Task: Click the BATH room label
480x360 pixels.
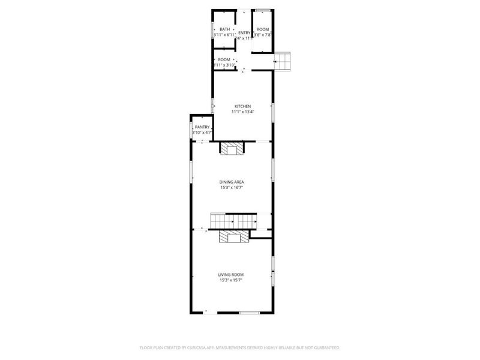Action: pos(224,29)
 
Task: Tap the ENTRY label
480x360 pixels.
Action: pos(244,32)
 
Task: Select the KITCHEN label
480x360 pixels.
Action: pos(242,106)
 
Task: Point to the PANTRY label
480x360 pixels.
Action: pos(202,127)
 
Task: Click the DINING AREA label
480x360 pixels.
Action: pos(231,182)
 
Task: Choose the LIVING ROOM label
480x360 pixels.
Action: pos(231,275)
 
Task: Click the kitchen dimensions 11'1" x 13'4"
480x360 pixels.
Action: pos(242,112)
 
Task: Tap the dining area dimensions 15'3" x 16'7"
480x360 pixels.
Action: pos(231,187)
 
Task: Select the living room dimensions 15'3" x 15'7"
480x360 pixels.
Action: pos(231,280)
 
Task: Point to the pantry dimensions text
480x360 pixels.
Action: pos(202,132)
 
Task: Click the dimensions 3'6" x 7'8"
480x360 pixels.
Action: pos(263,35)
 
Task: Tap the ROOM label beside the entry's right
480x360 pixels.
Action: pos(263,29)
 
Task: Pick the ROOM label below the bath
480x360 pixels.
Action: pos(224,59)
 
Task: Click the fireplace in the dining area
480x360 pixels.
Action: pos(232,148)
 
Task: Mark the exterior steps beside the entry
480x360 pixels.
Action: pos(283,61)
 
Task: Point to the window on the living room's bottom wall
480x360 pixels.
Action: pos(249,313)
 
